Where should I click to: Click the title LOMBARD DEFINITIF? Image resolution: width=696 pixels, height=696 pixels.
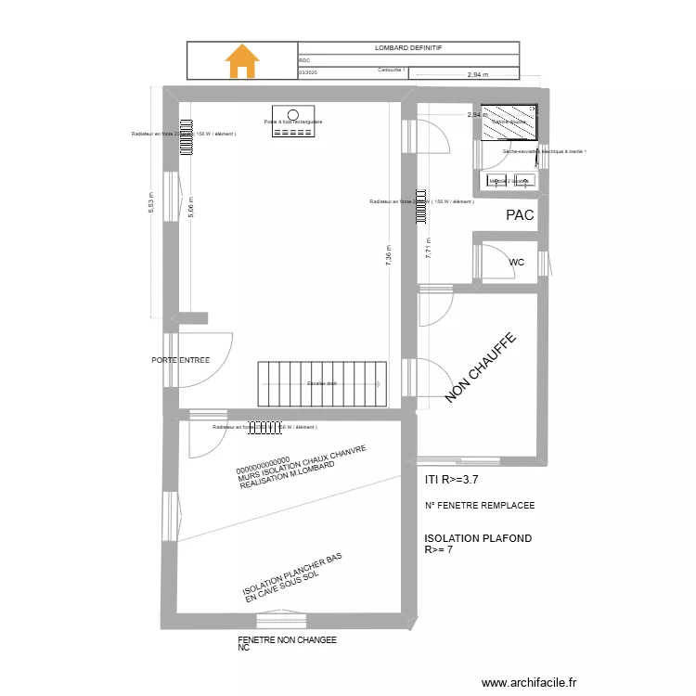[408, 47]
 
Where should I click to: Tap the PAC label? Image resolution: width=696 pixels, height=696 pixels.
[520, 215]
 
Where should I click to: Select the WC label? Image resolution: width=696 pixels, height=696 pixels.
[517, 263]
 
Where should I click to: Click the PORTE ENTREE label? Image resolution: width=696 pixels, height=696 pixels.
[181, 360]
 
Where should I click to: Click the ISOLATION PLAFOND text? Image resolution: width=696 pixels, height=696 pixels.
[478, 538]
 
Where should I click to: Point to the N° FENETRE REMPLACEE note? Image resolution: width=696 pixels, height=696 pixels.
[479, 506]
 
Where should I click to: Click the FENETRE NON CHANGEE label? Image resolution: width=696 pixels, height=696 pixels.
[287, 640]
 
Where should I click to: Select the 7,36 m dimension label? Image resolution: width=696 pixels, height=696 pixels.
[389, 255]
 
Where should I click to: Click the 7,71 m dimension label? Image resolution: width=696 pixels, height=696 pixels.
[428, 246]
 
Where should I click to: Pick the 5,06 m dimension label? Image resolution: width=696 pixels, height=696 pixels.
[191, 206]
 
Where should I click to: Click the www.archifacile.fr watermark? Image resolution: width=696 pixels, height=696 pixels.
[530, 681]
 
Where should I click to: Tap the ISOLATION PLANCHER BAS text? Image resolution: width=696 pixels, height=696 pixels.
[292, 574]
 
